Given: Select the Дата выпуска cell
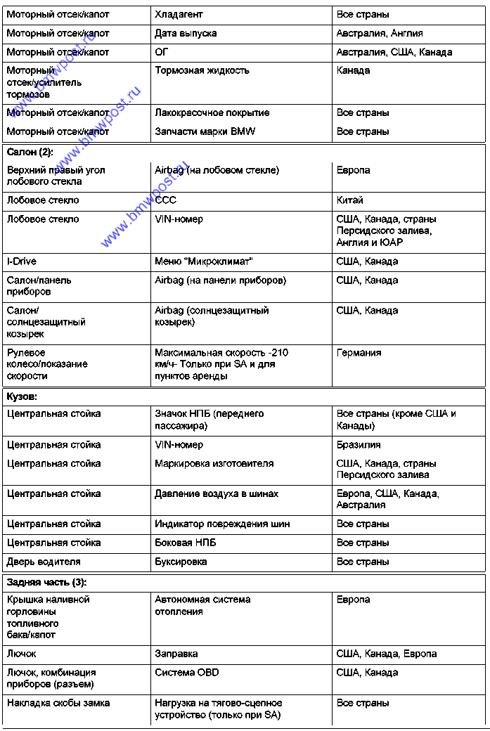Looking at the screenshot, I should (x=186, y=33).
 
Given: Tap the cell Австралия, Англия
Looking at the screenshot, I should (x=380, y=33).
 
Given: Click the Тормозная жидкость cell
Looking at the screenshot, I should (x=202, y=70).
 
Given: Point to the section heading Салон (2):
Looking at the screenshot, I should (x=30, y=151).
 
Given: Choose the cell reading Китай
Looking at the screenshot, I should (x=350, y=200).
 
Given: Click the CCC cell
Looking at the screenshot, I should (x=166, y=200).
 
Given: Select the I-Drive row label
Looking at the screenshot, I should (x=22, y=261).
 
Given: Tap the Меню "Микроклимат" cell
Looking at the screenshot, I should (x=204, y=261).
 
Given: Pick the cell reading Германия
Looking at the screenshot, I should (x=359, y=353).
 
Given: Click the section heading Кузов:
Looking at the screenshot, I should (x=22, y=396).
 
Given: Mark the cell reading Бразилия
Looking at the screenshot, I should (x=359, y=445).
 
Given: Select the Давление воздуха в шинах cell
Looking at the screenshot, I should (x=217, y=494).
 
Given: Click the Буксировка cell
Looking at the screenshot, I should (x=181, y=562).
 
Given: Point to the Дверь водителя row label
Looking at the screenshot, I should (x=44, y=562).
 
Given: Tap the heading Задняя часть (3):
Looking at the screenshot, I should (x=47, y=582).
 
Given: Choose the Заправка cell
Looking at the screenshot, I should (x=176, y=654).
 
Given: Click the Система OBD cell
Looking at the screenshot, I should (x=187, y=673).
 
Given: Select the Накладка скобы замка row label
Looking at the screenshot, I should (x=58, y=703).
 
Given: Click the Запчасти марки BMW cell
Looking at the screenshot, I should (x=205, y=131).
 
